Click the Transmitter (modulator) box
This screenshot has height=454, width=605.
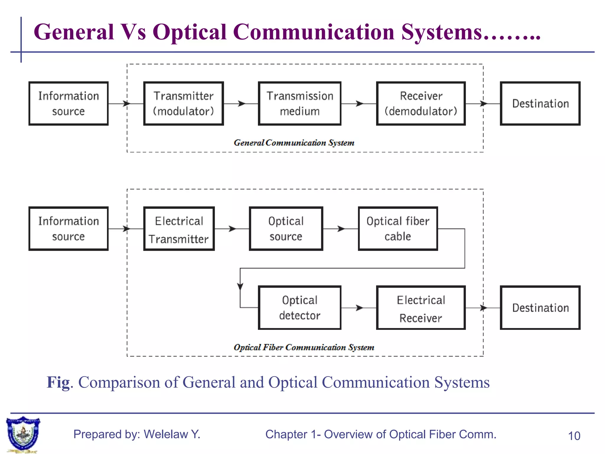coord(183,103)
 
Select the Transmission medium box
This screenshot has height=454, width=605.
coord(300,103)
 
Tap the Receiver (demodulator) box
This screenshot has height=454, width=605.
coord(421,103)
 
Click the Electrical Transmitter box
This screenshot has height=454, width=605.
coord(179,229)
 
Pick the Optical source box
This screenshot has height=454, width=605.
coord(286,229)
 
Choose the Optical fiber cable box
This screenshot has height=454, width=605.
coord(398,229)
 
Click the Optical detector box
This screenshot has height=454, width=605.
coord(300,308)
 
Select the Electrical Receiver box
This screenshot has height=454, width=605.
coord(421,308)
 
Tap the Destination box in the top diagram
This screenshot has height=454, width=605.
coord(540,103)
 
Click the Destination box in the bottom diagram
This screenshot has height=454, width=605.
coord(540,308)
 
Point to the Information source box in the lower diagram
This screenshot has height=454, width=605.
coord(69,229)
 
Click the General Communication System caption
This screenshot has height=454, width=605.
coord(294,143)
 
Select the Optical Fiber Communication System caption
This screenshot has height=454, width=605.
coord(304,347)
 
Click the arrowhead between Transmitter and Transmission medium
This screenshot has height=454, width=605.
coord(242,103)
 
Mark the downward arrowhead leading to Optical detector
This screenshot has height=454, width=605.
coord(240,286)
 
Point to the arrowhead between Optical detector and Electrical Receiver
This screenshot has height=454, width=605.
coord(359,308)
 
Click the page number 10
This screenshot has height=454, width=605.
coord(574,436)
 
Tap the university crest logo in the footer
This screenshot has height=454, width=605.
coord(23,434)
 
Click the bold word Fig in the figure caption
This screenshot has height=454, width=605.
coord(58,382)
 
